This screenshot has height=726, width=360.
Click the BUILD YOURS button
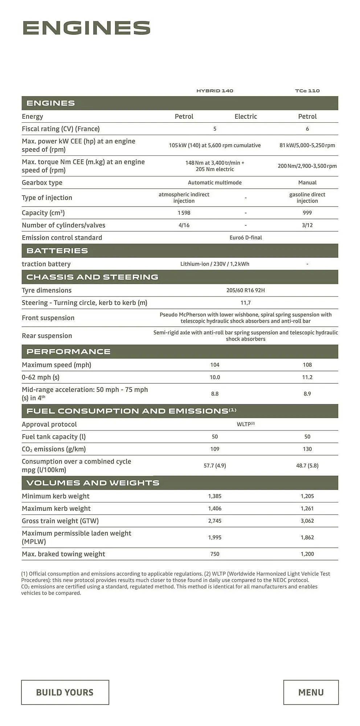pyautogui.click(x=65, y=692)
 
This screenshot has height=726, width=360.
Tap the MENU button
pyautogui.click(x=311, y=692)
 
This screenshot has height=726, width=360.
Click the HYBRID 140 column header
pyautogui.click(x=215, y=91)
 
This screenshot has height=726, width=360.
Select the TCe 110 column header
pyautogui.click(x=307, y=91)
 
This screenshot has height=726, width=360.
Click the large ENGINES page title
pyautogui.click(x=86, y=28)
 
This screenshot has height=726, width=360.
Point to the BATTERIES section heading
pyautogui.click(x=57, y=251)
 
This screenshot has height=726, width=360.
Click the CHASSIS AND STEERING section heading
pyautogui.click(x=92, y=277)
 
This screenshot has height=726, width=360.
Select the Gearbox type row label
pyautogui.click(x=42, y=183)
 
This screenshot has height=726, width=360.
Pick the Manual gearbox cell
pyautogui.click(x=307, y=183)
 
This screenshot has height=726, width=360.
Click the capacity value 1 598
pyautogui.click(x=184, y=213)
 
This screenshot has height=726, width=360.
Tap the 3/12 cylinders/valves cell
pyautogui.click(x=307, y=225)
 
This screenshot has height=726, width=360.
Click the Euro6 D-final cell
pyautogui.click(x=246, y=238)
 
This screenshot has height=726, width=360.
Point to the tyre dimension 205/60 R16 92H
pyautogui.click(x=246, y=290)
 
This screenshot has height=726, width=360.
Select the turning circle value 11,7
pyautogui.click(x=246, y=303)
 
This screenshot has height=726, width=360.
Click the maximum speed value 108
pyautogui.click(x=307, y=365)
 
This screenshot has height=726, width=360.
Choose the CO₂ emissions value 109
pyautogui.click(x=215, y=449)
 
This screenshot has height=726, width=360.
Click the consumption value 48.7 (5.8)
pyautogui.click(x=307, y=466)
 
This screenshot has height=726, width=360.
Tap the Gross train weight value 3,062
pyautogui.click(x=307, y=521)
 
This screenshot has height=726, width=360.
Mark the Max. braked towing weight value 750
pyautogui.click(x=215, y=554)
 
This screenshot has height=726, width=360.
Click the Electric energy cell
pyautogui.click(x=246, y=117)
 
